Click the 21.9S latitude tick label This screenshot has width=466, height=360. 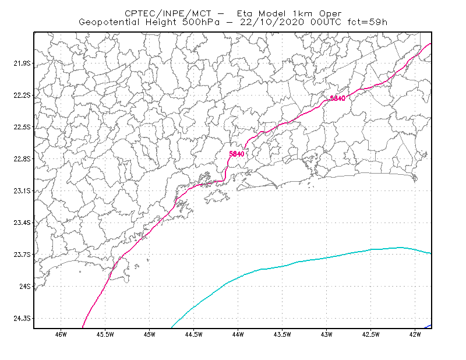pos(22,63)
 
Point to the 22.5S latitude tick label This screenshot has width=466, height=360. pos(22,127)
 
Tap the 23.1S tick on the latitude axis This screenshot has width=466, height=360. pos(22,191)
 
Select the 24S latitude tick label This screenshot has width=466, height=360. pos(25,286)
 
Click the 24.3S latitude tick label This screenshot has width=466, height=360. pos(22,319)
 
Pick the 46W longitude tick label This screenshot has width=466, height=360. pos(61,334)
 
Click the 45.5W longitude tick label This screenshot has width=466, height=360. pos(105,334)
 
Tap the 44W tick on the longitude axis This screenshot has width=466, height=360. pos(238,334)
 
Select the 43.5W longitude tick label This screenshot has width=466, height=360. pos(283,334)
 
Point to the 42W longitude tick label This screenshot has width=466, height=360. pos(415,334)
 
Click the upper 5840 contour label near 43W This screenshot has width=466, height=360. pos(338,98)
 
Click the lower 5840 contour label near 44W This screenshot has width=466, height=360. pos(236,154)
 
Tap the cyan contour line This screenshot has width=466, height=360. pos(298,262)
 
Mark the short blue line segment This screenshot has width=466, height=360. pos(428,326)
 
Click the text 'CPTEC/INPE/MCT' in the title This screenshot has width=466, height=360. pos(168,13)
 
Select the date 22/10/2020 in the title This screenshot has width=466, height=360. pos(272,22)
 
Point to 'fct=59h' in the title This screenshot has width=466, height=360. pos(368,22)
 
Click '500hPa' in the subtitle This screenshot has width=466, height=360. pos(201,22)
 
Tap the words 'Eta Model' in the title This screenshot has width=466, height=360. pos(262,13)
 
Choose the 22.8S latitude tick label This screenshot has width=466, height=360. pos(22,159)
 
